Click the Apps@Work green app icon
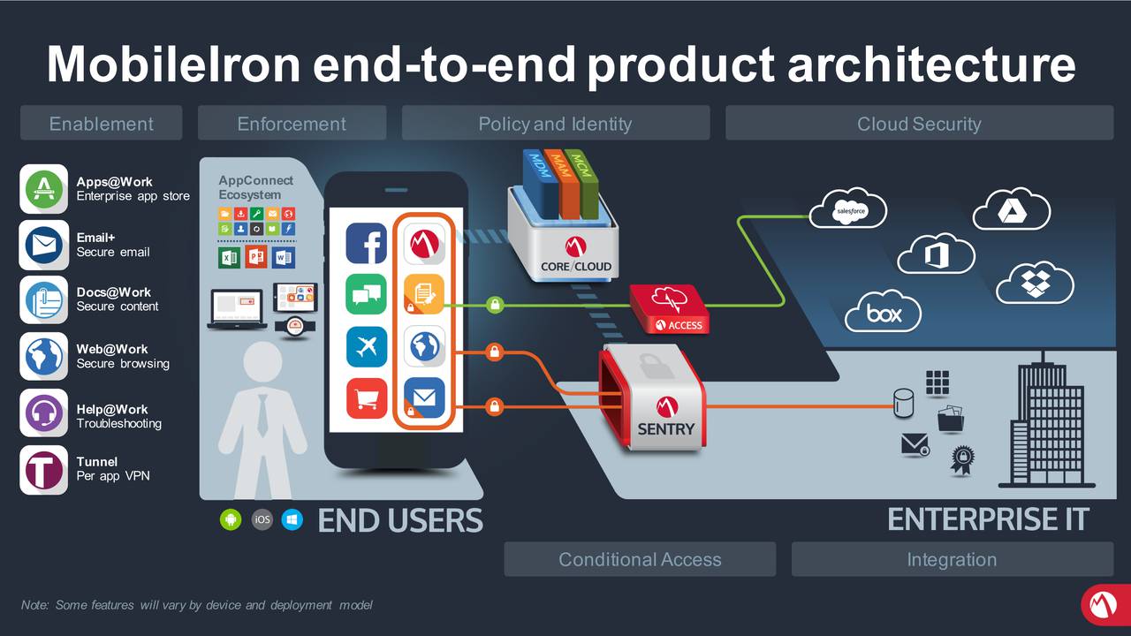point(43,188)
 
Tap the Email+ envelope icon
point(43,245)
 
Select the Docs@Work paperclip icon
point(43,300)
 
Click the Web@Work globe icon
point(43,356)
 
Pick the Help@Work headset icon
point(43,413)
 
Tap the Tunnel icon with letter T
point(43,469)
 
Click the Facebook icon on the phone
point(366,243)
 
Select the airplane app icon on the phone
point(366,345)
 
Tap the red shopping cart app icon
point(366,397)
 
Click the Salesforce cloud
point(848,210)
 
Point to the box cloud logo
point(883,312)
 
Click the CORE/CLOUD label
point(576,265)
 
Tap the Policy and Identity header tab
point(555,124)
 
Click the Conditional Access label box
point(640,559)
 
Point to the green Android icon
point(230,519)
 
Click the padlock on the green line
point(495,306)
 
